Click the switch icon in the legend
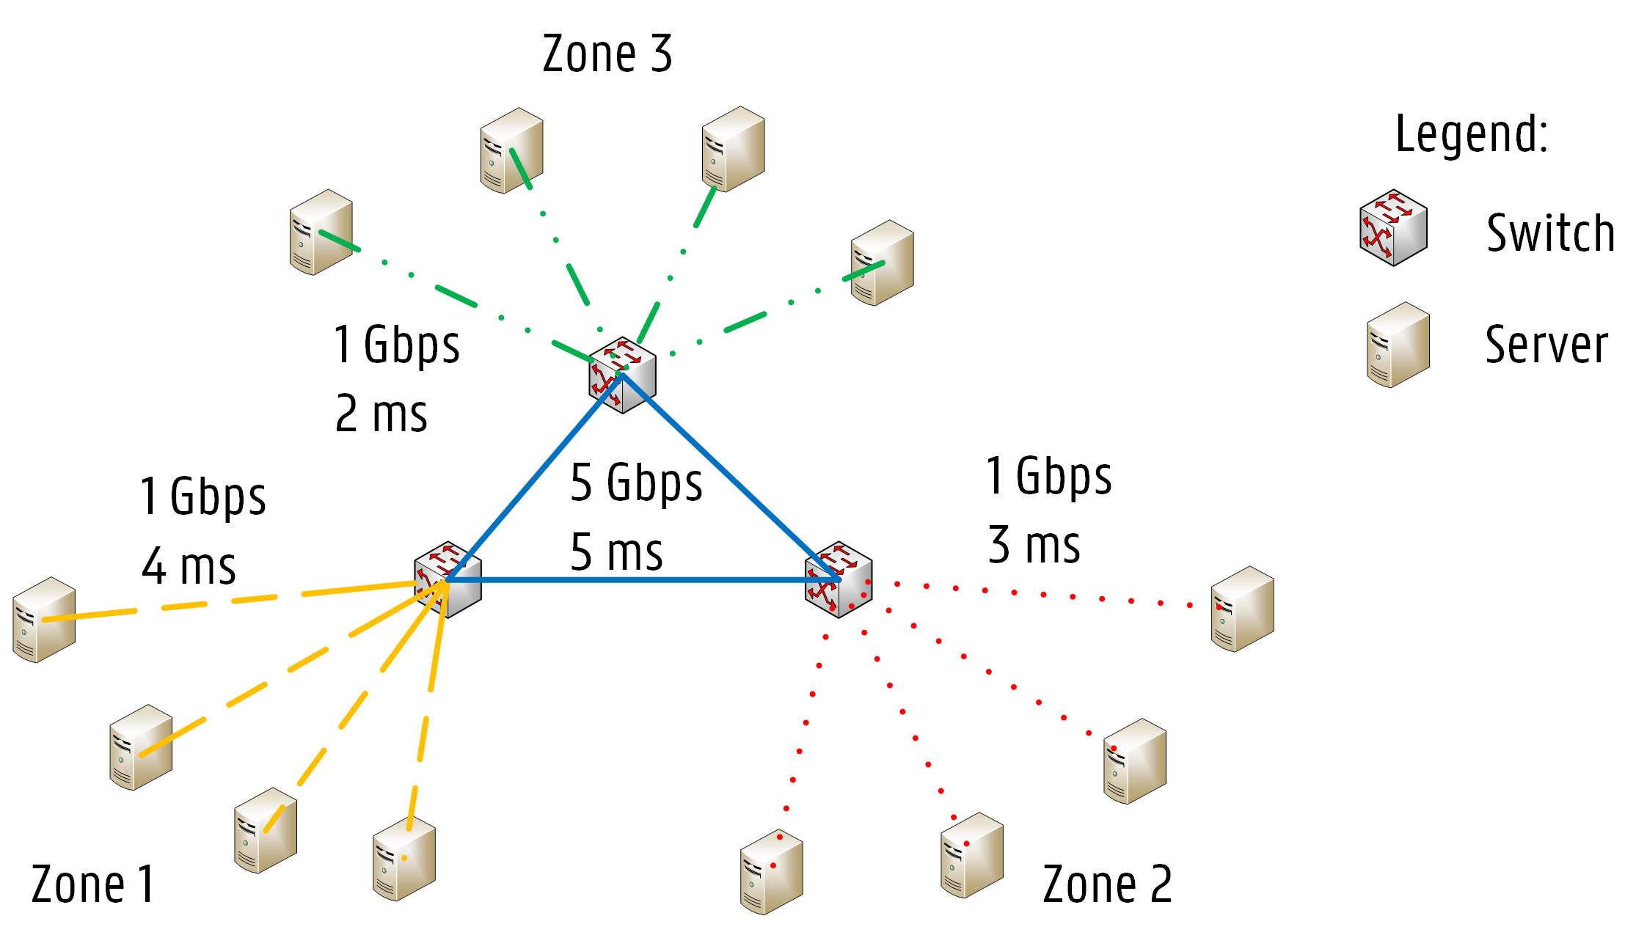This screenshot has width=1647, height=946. pos(1392,228)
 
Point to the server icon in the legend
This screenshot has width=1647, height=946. pos(1398,345)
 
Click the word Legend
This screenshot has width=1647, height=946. pos(1471,133)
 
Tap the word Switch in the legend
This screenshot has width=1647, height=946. pos(1550,233)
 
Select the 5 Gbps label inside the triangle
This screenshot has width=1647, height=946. pos(636,483)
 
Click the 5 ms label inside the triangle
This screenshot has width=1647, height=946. pos(616,551)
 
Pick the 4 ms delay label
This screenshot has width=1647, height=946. pos(189,566)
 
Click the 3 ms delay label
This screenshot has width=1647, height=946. pos(1034,545)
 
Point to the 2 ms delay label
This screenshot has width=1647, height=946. pos(381,414)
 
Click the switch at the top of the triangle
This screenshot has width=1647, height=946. pos(622,375)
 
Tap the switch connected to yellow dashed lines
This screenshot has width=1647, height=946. pos(448,579)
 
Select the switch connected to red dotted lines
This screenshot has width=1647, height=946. pos(839,579)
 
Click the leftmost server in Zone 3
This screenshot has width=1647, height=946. pos(321,232)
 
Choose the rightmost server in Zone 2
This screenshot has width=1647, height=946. pos(1242,609)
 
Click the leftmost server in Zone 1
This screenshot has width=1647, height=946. pos(44,620)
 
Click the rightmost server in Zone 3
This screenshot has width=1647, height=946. pos(882,263)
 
